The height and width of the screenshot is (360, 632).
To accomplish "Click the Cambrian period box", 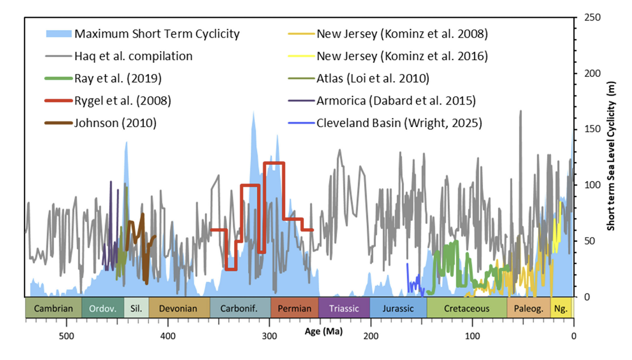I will (53, 308).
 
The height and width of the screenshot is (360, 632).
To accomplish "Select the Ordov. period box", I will (103, 308).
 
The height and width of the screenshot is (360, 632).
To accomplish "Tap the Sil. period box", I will (136, 308).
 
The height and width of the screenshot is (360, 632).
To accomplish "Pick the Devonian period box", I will (178, 308).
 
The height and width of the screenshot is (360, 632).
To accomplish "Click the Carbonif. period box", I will (239, 308).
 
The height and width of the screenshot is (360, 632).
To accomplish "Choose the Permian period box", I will (295, 308).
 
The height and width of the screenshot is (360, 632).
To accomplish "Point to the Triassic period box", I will (344, 308).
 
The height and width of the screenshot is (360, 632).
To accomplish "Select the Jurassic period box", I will (398, 308).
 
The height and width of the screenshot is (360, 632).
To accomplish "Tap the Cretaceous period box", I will (467, 308).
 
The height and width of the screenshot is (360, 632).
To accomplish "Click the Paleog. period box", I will (528, 308).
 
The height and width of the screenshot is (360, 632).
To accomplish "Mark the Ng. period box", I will (561, 308).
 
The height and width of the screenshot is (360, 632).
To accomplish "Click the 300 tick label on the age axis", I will (269, 336).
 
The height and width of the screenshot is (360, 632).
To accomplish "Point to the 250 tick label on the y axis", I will (592, 17).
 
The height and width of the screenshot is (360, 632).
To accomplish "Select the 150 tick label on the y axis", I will (592, 129).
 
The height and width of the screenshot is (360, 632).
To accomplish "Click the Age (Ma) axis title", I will (324, 331).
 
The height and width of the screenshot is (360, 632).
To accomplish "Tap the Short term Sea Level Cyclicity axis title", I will (611, 156).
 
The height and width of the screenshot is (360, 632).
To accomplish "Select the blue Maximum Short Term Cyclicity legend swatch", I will (59, 34).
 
